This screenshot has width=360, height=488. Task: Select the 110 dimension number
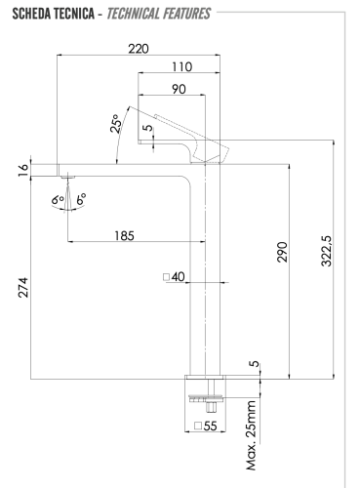pyautogui.click(x=180, y=67)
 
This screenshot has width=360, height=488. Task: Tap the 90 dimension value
pyautogui.click(x=176, y=88)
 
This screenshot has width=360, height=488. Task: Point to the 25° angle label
pyautogui.click(x=116, y=125)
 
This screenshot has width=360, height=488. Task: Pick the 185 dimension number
pyautogui.click(x=124, y=236)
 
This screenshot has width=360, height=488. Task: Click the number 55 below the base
pyautogui.click(x=210, y=426)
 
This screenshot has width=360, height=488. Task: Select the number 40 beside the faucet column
pyautogui.click(x=179, y=277)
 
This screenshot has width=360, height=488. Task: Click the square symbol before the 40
pyautogui.click(x=167, y=277)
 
